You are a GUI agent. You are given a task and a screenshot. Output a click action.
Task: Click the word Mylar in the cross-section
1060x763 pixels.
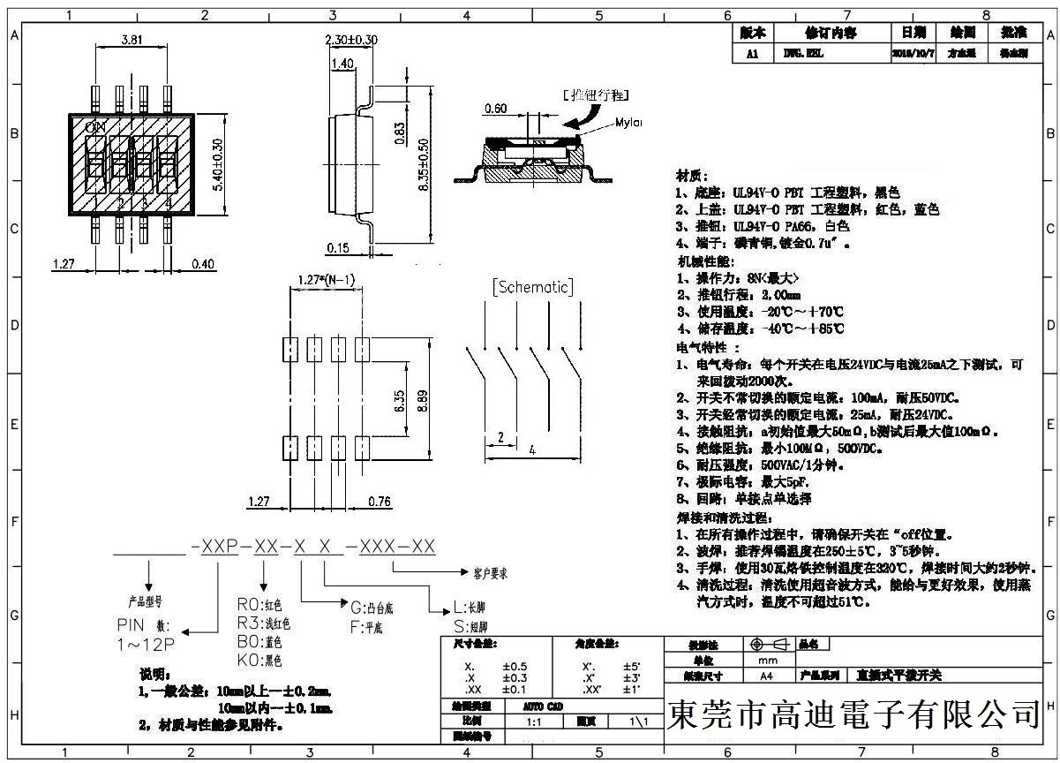(x=628, y=123)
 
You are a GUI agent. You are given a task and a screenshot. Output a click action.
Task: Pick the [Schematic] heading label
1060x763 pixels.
(x=532, y=287)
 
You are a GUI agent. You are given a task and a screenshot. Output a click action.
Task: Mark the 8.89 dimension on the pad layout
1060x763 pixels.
(x=424, y=403)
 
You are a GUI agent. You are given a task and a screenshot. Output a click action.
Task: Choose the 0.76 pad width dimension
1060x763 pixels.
(x=379, y=501)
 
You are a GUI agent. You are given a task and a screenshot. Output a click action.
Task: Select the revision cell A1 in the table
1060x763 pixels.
(x=752, y=53)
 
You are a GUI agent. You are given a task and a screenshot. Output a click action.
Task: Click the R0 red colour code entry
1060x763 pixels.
(x=259, y=605)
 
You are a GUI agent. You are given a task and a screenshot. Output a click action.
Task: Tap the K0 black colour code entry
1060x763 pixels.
(x=259, y=659)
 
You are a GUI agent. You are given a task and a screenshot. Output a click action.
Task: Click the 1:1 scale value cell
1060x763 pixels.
(x=534, y=721)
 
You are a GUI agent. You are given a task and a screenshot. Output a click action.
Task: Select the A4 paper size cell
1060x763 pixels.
(x=763, y=675)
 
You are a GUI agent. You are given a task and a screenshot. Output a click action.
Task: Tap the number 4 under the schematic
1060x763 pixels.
(x=531, y=449)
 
